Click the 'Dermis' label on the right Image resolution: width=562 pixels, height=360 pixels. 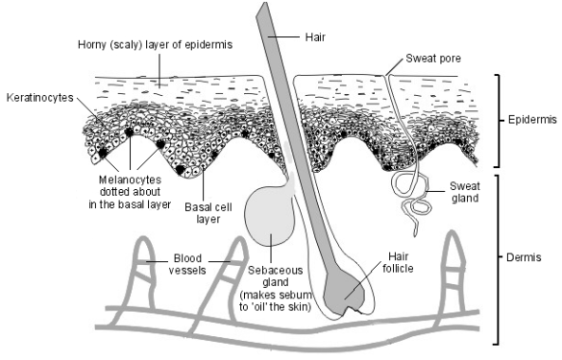pos(527,257)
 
